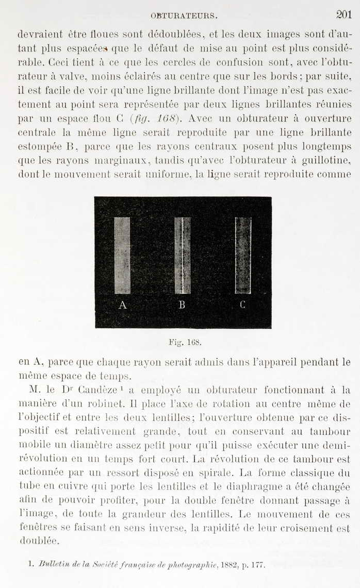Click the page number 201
(x=343, y=14)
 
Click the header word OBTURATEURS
(x=184, y=15)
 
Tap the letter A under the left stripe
(x=123, y=305)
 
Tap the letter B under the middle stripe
(x=182, y=305)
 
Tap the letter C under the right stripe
(x=242, y=305)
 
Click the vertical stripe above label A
(x=122, y=256)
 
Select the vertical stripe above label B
(x=182, y=256)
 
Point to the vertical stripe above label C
(x=243, y=256)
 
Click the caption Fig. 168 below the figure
(x=184, y=342)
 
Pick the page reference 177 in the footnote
(x=257, y=564)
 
